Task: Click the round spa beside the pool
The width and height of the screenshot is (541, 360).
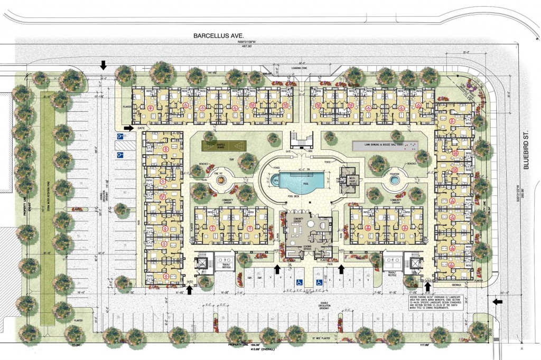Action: click(274, 181)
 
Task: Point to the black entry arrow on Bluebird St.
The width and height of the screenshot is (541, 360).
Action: click(497, 301)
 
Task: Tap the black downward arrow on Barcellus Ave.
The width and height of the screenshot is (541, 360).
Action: click(104, 65)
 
